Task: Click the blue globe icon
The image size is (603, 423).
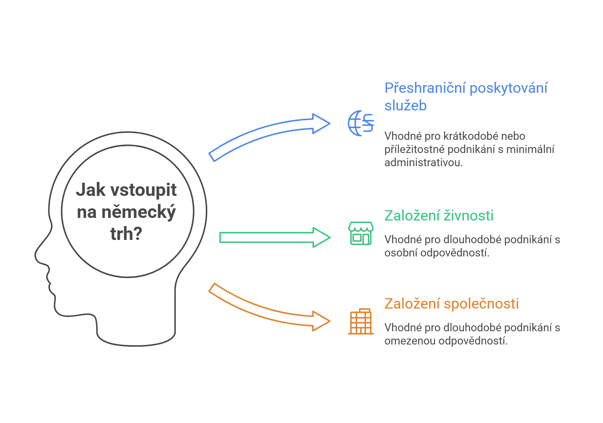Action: [361, 123]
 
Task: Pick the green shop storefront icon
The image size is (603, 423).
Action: [361, 233]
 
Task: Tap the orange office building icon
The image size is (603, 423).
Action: [361, 321]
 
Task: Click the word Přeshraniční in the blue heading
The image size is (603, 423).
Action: [425, 88]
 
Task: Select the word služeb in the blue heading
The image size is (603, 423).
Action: [405, 106]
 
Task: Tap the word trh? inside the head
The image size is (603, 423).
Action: [126, 234]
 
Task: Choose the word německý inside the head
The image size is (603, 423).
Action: [138, 212]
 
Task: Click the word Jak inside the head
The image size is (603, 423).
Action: [91, 190]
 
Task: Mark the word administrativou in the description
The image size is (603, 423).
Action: [423, 163]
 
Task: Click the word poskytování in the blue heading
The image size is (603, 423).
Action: [508, 88]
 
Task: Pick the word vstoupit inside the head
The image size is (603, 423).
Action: [143, 190]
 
